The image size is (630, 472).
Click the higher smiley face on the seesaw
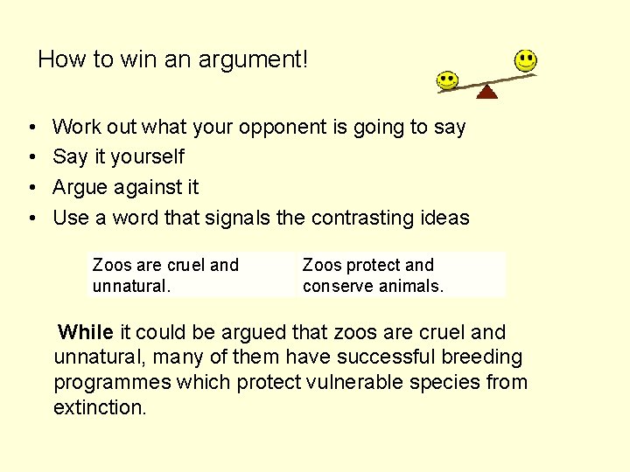[x=525, y=60]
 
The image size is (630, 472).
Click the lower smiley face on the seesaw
[x=448, y=80]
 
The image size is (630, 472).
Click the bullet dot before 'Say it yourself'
[x=31, y=157]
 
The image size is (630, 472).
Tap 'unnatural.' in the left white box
[x=131, y=286]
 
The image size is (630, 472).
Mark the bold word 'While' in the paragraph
[x=86, y=332]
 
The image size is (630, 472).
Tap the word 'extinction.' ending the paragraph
[x=100, y=407]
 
